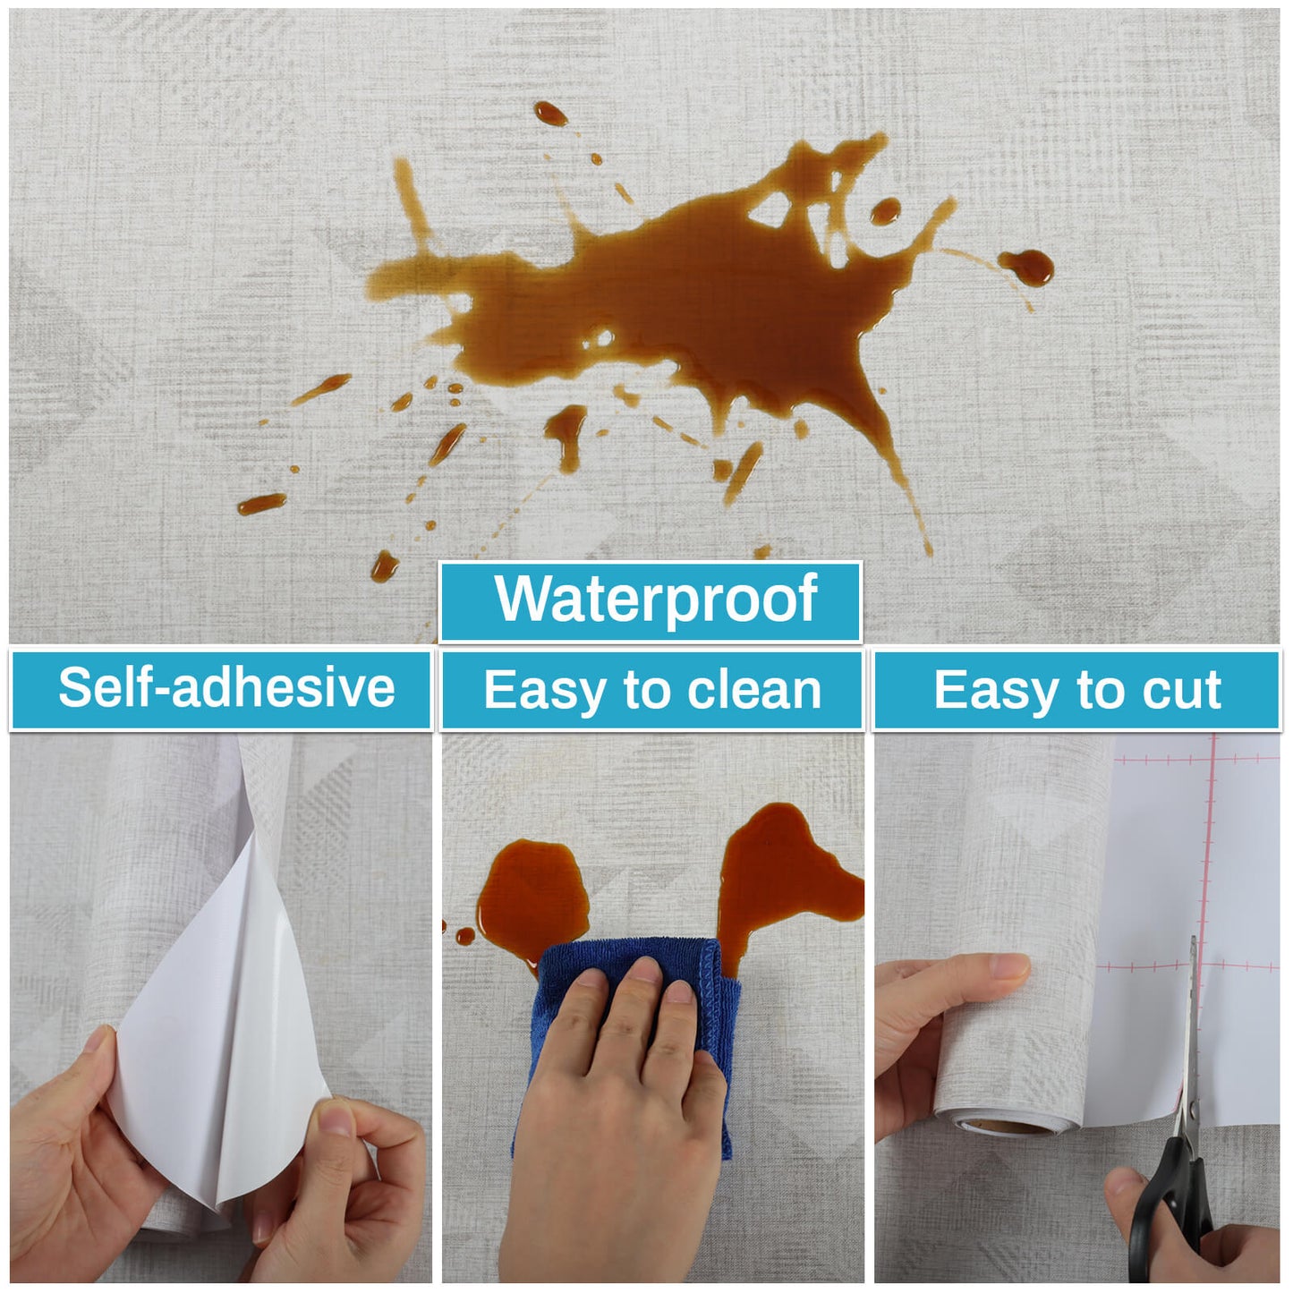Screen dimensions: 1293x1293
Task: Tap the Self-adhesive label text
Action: click(226, 688)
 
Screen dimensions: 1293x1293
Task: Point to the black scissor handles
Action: click(1171, 1214)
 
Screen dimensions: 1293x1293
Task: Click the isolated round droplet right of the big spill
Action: click(1026, 267)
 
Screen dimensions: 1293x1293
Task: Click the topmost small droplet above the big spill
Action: click(551, 114)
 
